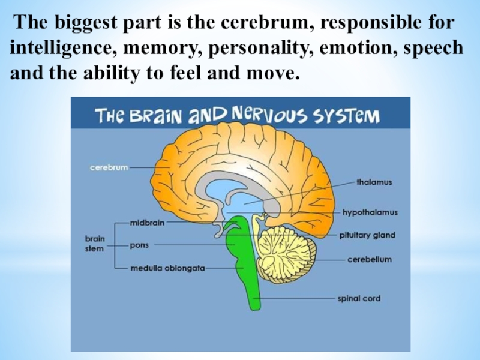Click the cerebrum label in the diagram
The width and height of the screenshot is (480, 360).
109,167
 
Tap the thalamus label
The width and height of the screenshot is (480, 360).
374,182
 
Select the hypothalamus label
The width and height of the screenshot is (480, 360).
370,212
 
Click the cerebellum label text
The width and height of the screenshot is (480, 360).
370,260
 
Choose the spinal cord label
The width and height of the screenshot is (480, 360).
358,298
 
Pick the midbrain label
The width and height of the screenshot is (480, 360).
147,222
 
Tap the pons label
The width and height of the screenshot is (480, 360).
139,245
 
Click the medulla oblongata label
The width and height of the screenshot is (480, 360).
168,268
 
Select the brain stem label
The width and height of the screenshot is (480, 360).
94,242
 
